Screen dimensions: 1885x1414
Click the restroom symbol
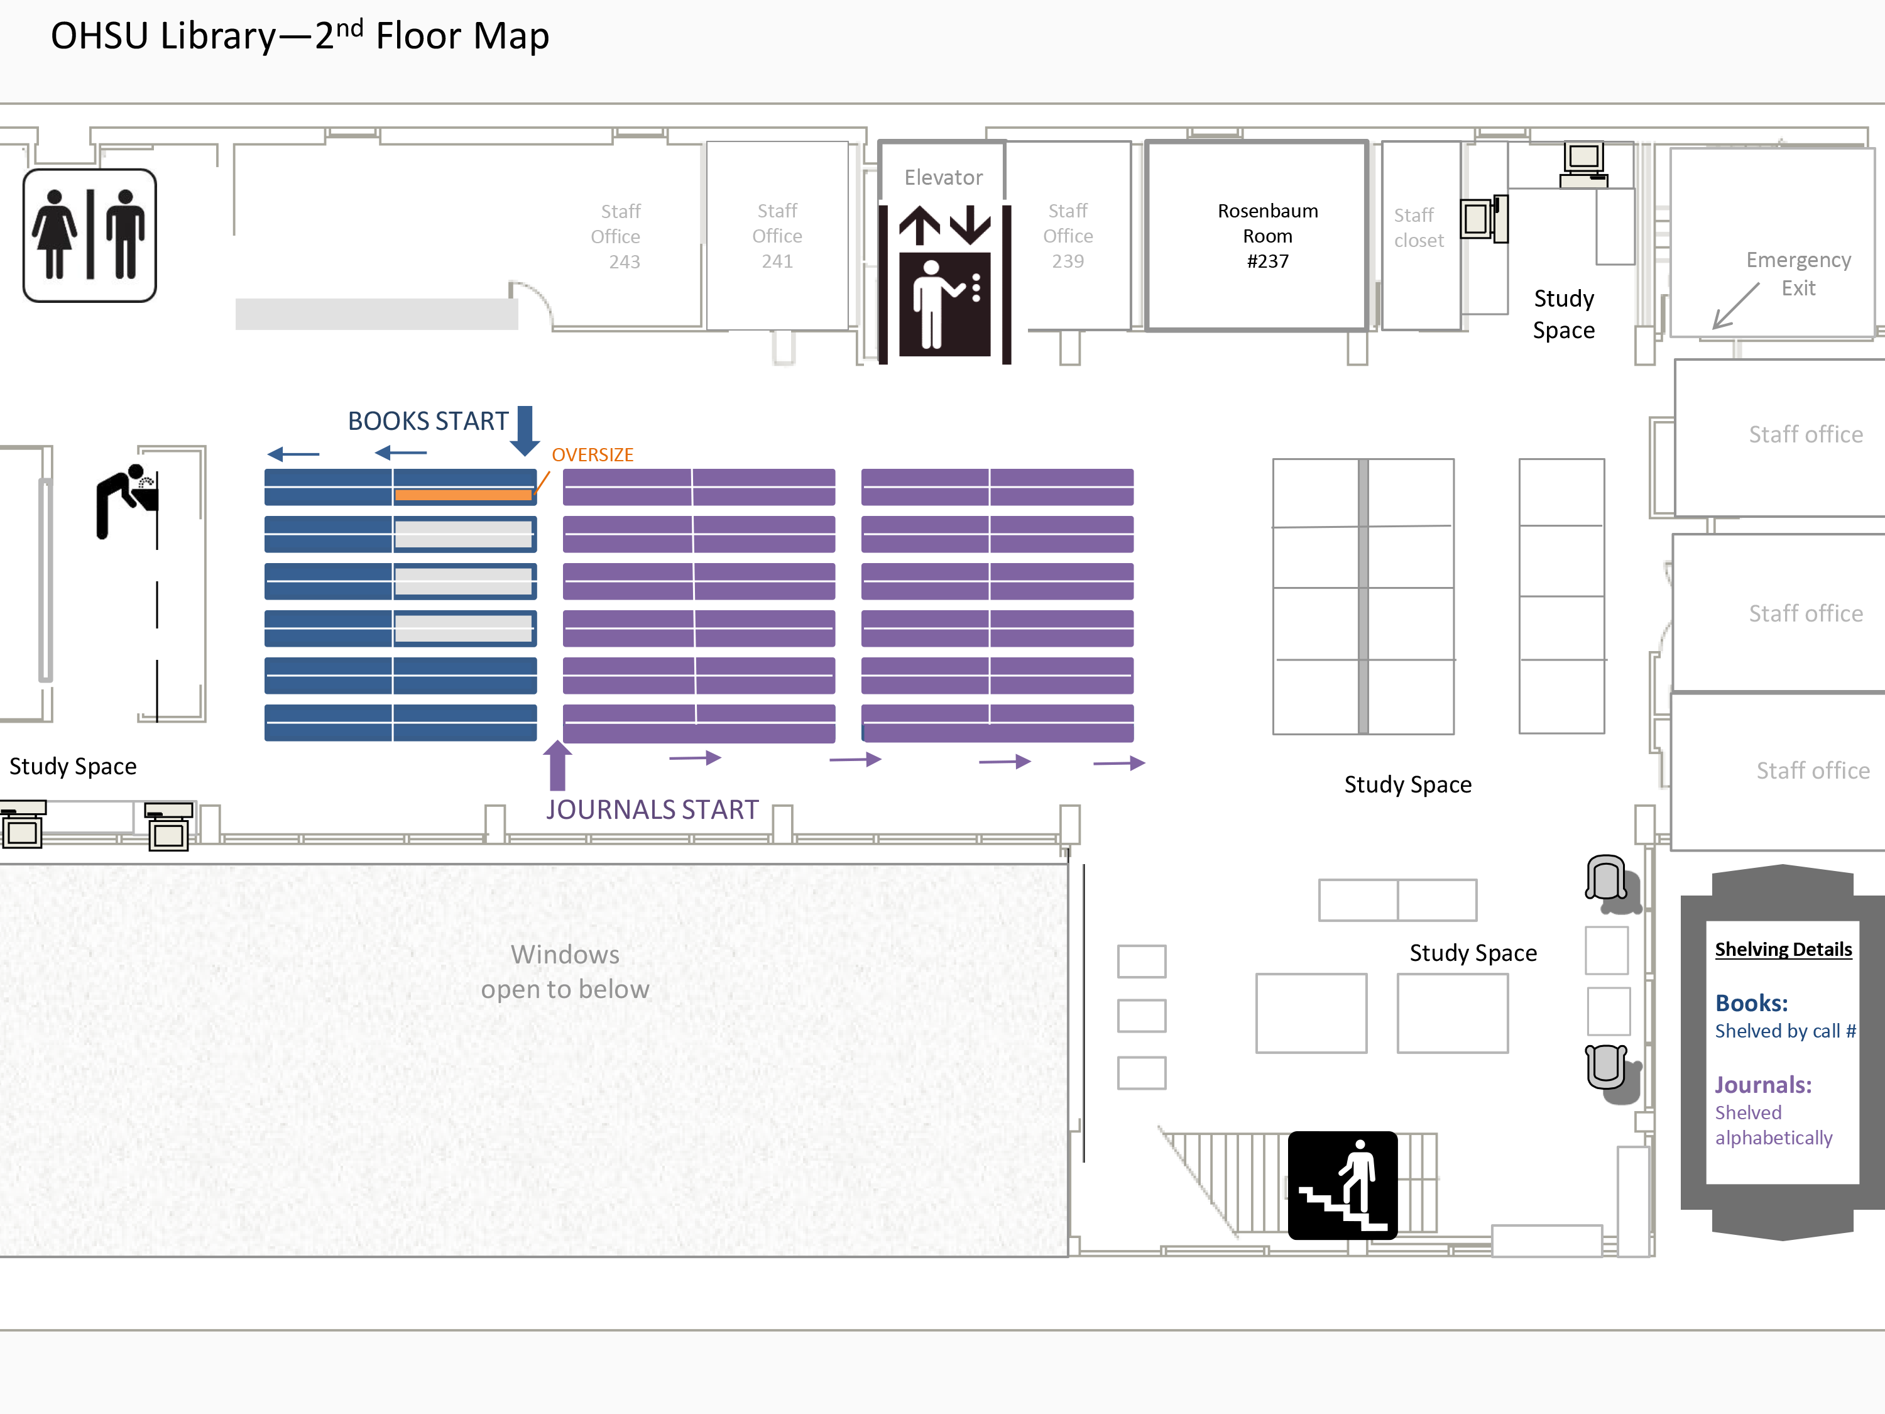pyautogui.click(x=89, y=235)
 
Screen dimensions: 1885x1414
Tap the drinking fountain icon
pyautogui.click(x=127, y=501)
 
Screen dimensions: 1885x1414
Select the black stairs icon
pyautogui.click(x=1342, y=1185)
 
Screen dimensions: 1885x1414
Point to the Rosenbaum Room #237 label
pyautogui.click(x=1267, y=236)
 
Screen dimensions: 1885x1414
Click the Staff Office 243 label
pyautogui.click(x=617, y=236)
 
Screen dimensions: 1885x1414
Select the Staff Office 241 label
pyautogui.click(x=777, y=236)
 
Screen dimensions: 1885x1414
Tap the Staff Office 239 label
pyautogui.click(x=1068, y=236)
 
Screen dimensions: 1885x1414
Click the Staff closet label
pyautogui.click(x=1418, y=227)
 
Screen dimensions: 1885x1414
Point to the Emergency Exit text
pyautogui.click(x=1798, y=273)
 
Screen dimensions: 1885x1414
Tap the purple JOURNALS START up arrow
pyautogui.click(x=557, y=765)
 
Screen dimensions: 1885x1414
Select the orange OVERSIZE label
pyautogui.click(x=593, y=455)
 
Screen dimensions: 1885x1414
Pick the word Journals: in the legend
pyautogui.click(x=1763, y=1085)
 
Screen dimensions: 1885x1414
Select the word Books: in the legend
pyautogui.click(x=1751, y=1003)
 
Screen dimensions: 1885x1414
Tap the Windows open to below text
pyautogui.click(x=565, y=972)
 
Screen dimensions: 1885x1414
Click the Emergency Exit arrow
pyautogui.click(x=1736, y=306)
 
